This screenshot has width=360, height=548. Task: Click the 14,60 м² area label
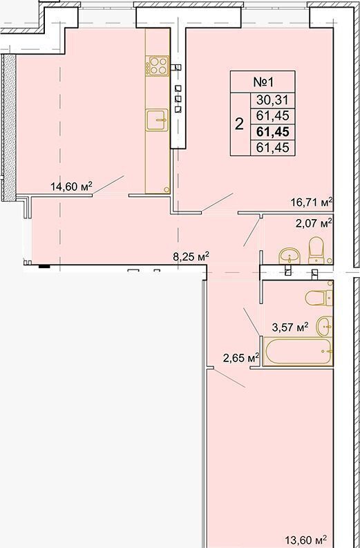(71, 187)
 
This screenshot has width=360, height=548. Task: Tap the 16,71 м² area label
(311, 202)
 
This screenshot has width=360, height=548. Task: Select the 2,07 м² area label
(314, 223)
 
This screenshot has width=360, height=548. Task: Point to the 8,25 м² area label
(191, 257)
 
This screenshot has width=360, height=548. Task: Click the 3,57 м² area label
(290, 328)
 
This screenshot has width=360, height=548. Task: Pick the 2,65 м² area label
(241, 357)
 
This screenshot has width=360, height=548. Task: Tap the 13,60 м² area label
(306, 540)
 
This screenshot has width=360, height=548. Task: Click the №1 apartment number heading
(263, 82)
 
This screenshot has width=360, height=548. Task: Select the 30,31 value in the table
(273, 100)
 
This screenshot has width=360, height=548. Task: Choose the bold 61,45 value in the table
(273, 132)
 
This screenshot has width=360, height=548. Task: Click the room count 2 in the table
(239, 124)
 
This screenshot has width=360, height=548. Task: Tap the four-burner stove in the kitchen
(158, 66)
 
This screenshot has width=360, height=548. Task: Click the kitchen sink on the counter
(157, 120)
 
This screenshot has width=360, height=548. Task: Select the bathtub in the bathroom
(298, 351)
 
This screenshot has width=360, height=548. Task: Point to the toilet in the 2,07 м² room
(316, 250)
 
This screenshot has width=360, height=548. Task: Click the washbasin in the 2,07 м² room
(289, 256)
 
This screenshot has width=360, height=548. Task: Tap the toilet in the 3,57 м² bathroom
(319, 298)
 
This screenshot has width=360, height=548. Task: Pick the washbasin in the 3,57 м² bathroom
(325, 326)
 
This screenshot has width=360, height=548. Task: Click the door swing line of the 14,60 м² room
(108, 185)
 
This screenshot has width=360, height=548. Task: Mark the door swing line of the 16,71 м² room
(218, 202)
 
